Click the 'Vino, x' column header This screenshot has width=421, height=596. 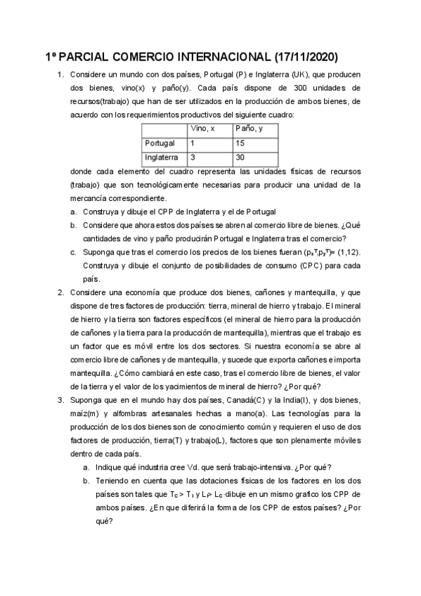click(x=202, y=129)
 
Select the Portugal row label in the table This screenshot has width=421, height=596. click(x=160, y=143)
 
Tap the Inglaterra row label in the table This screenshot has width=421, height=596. click(x=161, y=158)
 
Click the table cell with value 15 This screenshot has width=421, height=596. click(x=241, y=143)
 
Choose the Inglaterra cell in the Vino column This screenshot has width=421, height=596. click(x=193, y=158)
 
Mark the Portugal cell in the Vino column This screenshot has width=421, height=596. click(x=193, y=143)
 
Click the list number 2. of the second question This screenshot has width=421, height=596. click(x=61, y=292)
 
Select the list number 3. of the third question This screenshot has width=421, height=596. click(x=61, y=399)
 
